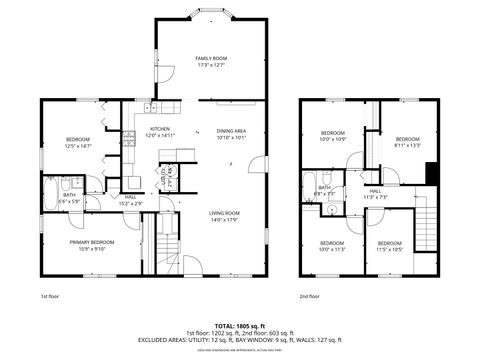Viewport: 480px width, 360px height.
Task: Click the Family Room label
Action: point(212,62)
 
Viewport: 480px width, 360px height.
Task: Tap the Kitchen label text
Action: point(160,132)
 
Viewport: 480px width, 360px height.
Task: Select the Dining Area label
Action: point(232,134)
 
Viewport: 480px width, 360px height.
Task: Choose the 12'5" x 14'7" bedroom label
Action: point(78,142)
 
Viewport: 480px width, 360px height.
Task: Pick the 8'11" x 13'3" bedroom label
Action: point(406,141)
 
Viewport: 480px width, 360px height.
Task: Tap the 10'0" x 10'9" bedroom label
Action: point(332,136)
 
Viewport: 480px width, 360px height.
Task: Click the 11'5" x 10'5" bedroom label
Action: point(390,248)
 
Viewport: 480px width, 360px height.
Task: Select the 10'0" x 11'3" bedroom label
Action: point(332,247)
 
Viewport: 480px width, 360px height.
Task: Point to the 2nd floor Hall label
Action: point(375,193)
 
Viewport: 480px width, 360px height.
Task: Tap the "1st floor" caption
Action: point(51,296)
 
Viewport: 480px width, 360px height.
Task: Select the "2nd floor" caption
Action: point(309,296)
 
